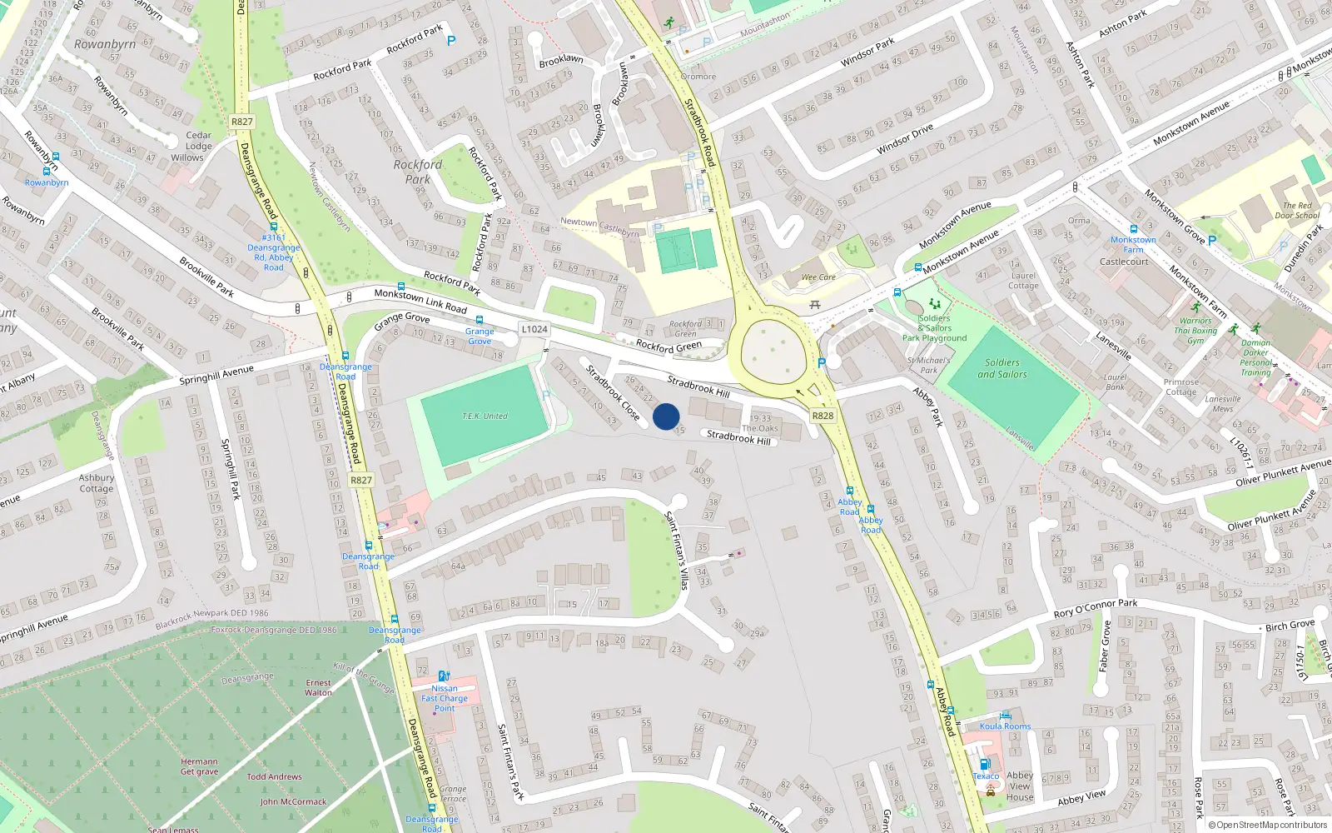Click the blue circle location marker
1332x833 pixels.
[666, 416]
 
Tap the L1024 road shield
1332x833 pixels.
[534, 329]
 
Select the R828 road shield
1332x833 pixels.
[823, 416]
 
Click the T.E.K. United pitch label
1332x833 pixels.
[485, 416]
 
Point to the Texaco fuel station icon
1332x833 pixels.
[985, 764]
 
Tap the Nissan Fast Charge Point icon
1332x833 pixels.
[444, 676]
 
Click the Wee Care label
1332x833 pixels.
[818, 277]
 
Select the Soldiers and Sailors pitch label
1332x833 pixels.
[1001, 368]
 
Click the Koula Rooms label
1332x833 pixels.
[1005, 726]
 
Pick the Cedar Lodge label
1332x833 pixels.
[198, 140]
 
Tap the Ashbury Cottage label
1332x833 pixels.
[97, 483]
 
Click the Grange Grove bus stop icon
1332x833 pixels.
[480, 320]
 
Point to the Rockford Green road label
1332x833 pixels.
[668, 346]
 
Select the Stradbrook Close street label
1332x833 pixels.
[613, 392]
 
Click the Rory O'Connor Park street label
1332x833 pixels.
[1095, 608]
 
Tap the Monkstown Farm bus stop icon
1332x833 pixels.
[1133, 229]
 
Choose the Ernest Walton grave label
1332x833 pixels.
[318, 687]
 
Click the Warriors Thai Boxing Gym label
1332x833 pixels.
[1195, 331]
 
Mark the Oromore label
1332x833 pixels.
[698, 77]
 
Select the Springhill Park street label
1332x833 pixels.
[231, 469]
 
